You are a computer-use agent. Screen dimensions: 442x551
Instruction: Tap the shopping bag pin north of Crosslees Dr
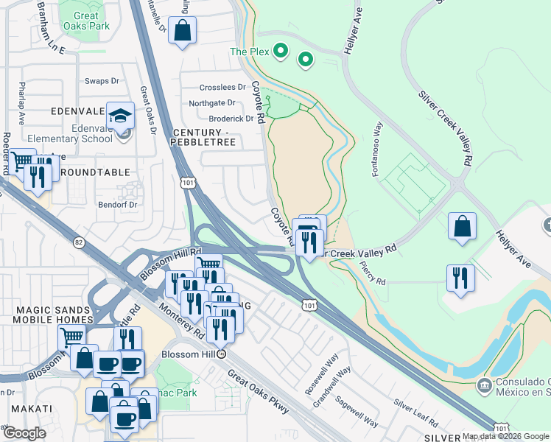182,31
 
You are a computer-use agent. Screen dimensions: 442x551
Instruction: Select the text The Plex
248,52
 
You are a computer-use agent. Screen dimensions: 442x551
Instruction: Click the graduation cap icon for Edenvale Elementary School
121,116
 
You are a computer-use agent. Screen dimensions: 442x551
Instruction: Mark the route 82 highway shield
79,242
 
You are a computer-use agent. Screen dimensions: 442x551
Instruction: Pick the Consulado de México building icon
484,385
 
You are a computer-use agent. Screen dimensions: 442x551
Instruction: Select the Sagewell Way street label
357,413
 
